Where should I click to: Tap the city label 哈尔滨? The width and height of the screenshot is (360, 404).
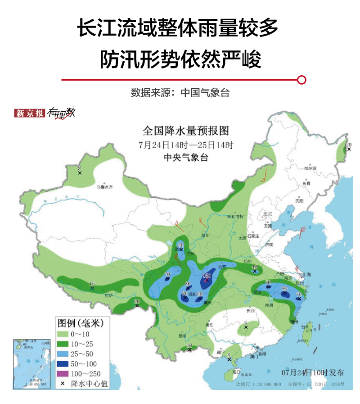click(310, 168)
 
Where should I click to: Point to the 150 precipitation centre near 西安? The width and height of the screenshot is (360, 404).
click(207, 276)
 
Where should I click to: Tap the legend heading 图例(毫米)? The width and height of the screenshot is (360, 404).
click(81, 323)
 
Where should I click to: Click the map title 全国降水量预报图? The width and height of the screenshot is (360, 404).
click(186, 131)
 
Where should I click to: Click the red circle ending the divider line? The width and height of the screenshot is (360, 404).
click(302, 80)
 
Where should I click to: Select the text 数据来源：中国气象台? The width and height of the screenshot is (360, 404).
click(180, 93)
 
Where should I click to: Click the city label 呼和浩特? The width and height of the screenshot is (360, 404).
click(235, 217)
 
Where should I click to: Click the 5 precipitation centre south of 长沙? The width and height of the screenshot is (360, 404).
click(246, 324)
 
